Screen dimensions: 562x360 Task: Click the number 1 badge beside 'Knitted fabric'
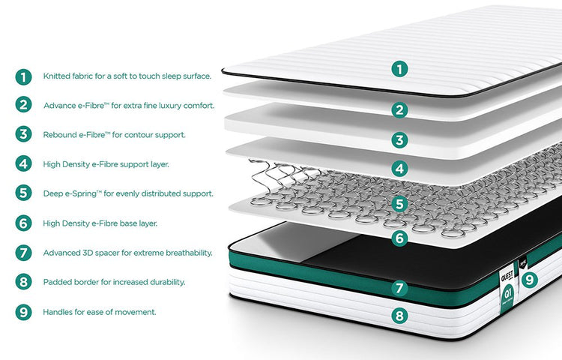(23, 76)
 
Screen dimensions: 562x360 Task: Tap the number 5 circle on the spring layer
(399, 205)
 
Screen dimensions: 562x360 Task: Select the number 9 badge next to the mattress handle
(529, 280)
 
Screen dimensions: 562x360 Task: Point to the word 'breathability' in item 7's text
(190, 253)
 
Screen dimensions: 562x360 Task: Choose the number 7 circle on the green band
(399, 288)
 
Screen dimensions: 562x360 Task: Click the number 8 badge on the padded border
(399, 316)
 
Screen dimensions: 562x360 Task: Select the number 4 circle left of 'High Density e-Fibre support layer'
(23, 163)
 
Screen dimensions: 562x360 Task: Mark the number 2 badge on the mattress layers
(399, 110)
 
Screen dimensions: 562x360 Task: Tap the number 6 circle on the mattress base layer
(399, 238)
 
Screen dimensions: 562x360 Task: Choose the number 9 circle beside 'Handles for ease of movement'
(23, 312)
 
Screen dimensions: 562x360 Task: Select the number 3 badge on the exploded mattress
(399, 140)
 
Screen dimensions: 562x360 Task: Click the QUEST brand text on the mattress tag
(507, 276)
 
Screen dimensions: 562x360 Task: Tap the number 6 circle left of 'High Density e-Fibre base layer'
(23, 223)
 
